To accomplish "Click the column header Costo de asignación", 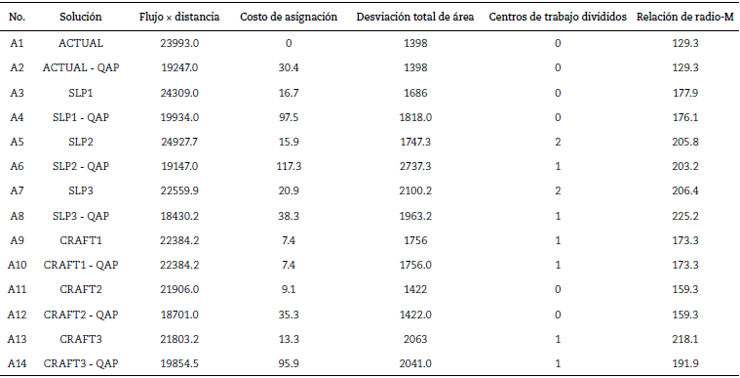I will (289, 19).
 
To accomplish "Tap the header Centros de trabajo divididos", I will (557, 19).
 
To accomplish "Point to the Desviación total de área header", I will (415, 19).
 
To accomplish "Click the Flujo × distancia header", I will (179, 19).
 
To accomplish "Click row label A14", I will (18, 363).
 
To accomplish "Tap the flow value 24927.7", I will (179, 142).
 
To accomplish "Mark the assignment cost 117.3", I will (289, 166).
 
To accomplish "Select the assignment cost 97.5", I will (289, 117).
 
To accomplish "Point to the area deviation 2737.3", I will (415, 166).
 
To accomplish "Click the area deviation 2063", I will (415, 339).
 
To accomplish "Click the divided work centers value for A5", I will (557, 142).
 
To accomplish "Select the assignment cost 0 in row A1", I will (289, 43).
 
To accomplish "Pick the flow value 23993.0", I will (179, 43).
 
